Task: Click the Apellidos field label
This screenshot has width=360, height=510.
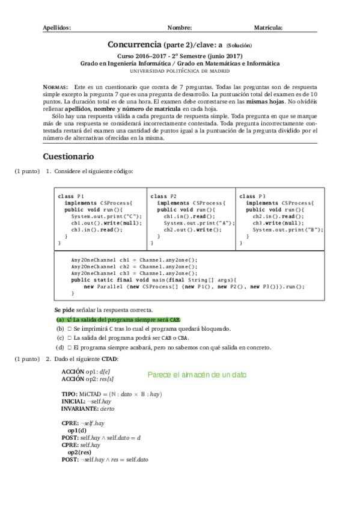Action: [x=57, y=28]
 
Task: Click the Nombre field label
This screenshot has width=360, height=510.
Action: [x=180, y=28]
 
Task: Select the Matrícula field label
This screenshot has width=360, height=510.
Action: [x=268, y=28]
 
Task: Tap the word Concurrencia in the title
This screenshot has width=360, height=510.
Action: [x=134, y=45]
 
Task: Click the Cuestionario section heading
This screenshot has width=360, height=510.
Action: [x=68, y=156]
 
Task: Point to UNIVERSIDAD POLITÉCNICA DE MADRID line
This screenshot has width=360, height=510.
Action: [x=180, y=70]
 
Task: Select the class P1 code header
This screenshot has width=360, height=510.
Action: [x=72, y=197]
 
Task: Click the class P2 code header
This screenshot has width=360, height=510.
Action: [x=163, y=197]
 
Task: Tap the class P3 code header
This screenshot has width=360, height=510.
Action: [x=252, y=197]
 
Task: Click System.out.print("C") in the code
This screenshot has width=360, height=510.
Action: [x=106, y=217]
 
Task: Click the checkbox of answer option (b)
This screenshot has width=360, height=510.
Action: [x=70, y=329]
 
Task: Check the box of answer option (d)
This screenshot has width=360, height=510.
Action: [x=70, y=348]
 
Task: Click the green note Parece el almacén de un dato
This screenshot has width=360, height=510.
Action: [x=197, y=374]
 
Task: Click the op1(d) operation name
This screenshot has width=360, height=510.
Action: [x=77, y=431]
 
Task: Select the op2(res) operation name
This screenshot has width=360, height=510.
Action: [x=79, y=452]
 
